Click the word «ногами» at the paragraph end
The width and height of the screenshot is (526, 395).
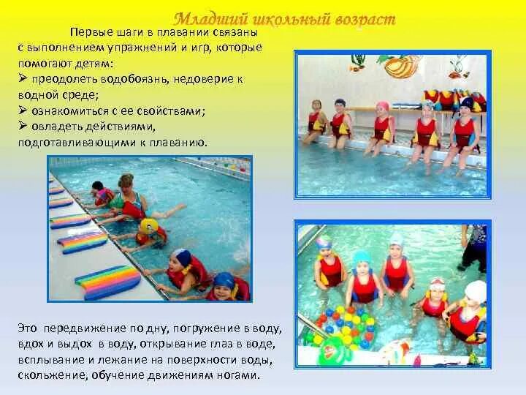tap(240, 376)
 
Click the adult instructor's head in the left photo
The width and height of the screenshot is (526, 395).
tap(126, 181)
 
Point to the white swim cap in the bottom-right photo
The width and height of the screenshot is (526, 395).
tap(476, 291)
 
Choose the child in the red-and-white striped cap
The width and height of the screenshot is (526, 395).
tap(438, 296)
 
